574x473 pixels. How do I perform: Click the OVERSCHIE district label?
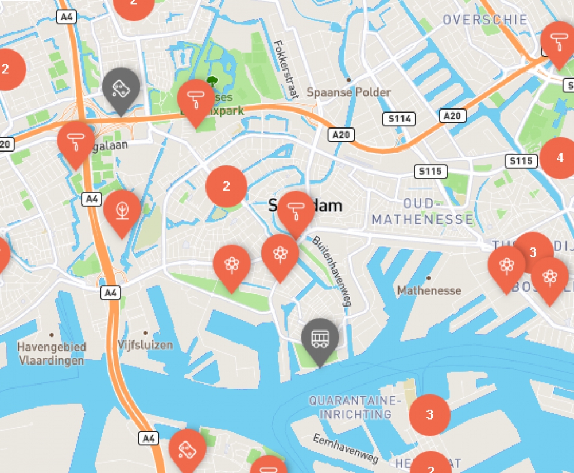click(x=485, y=20)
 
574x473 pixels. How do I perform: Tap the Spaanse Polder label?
click(x=348, y=92)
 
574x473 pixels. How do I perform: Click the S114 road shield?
click(x=398, y=119)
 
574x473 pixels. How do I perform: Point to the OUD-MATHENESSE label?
click(x=423, y=212)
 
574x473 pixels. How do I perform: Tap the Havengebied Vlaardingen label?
click(x=51, y=353)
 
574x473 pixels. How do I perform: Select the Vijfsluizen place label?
click(x=145, y=345)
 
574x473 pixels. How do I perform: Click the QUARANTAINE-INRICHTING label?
click(x=352, y=407)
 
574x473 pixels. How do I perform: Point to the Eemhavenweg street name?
click(x=346, y=448)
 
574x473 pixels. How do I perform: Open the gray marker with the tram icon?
click(x=320, y=337)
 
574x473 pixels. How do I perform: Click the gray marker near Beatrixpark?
click(x=121, y=88)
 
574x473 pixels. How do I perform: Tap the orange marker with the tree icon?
click(x=122, y=210)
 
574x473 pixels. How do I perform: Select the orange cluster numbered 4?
click(x=560, y=158)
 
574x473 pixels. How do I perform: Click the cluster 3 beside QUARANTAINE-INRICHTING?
click(x=429, y=414)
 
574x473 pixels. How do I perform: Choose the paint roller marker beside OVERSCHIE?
click(x=558, y=41)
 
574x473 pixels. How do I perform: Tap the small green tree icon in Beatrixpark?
click(x=212, y=81)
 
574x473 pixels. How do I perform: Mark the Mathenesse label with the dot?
click(x=429, y=290)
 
